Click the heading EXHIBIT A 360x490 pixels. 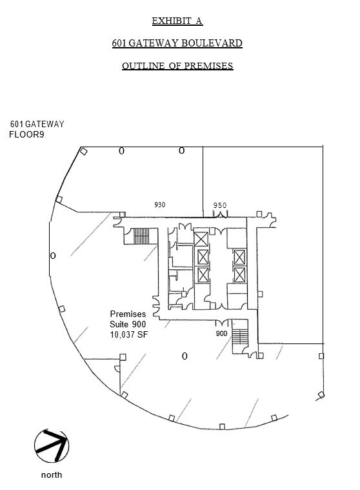coord(177,21)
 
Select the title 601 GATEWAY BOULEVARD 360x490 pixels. coord(177,43)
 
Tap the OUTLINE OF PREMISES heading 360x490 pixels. coord(177,66)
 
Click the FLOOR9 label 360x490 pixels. coord(26,135)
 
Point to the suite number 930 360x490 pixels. coord(160,205)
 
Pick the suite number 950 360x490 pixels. coord(220,205)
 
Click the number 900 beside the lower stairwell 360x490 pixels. coord(221,333)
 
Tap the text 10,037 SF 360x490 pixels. coord(128,334)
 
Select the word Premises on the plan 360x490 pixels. coord(128,314)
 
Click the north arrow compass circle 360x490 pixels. coord(52,446)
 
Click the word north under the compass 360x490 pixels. coord(52,475)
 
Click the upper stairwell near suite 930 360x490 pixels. coord(141,236)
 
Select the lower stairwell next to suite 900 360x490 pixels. coord(239,337)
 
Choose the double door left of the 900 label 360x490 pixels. coord(222,323)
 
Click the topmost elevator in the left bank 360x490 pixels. coord(201,239)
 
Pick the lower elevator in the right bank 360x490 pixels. coord(239,275)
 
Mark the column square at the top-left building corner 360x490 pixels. coord(83,152)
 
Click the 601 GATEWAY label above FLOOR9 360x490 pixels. coord(37,125)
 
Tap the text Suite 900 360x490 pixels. coord(128,324)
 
